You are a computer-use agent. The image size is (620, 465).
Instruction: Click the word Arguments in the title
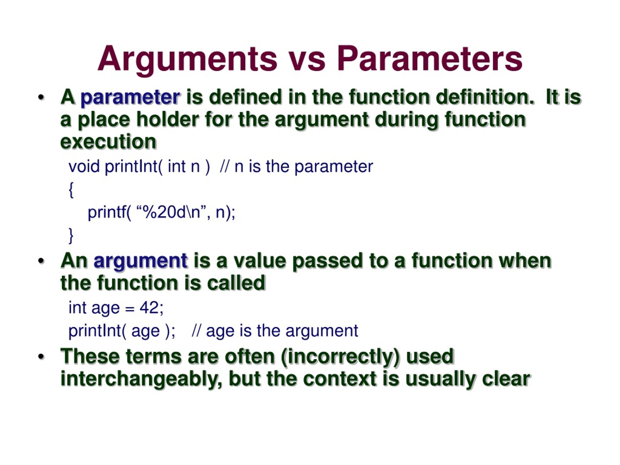point(187,59)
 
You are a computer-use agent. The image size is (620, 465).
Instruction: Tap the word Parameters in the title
point(429,59)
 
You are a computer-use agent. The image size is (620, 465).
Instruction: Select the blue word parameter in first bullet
point(130,98)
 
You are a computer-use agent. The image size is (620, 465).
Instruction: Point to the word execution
point(108,142)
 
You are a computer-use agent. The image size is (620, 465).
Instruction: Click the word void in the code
point(84,166)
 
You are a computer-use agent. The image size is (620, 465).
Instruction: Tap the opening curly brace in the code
point(71,190)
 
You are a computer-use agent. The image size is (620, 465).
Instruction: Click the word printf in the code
point(107,212)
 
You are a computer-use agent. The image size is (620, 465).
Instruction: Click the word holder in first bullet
point(168,120)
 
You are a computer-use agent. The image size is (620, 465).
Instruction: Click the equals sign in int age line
point(130,309)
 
